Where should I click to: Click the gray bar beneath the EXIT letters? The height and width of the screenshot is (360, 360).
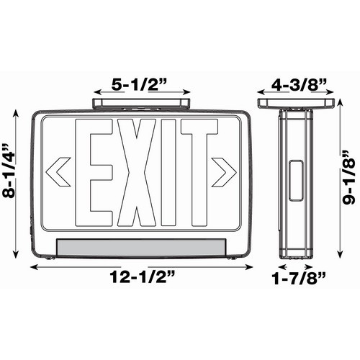[x=141, y=246]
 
